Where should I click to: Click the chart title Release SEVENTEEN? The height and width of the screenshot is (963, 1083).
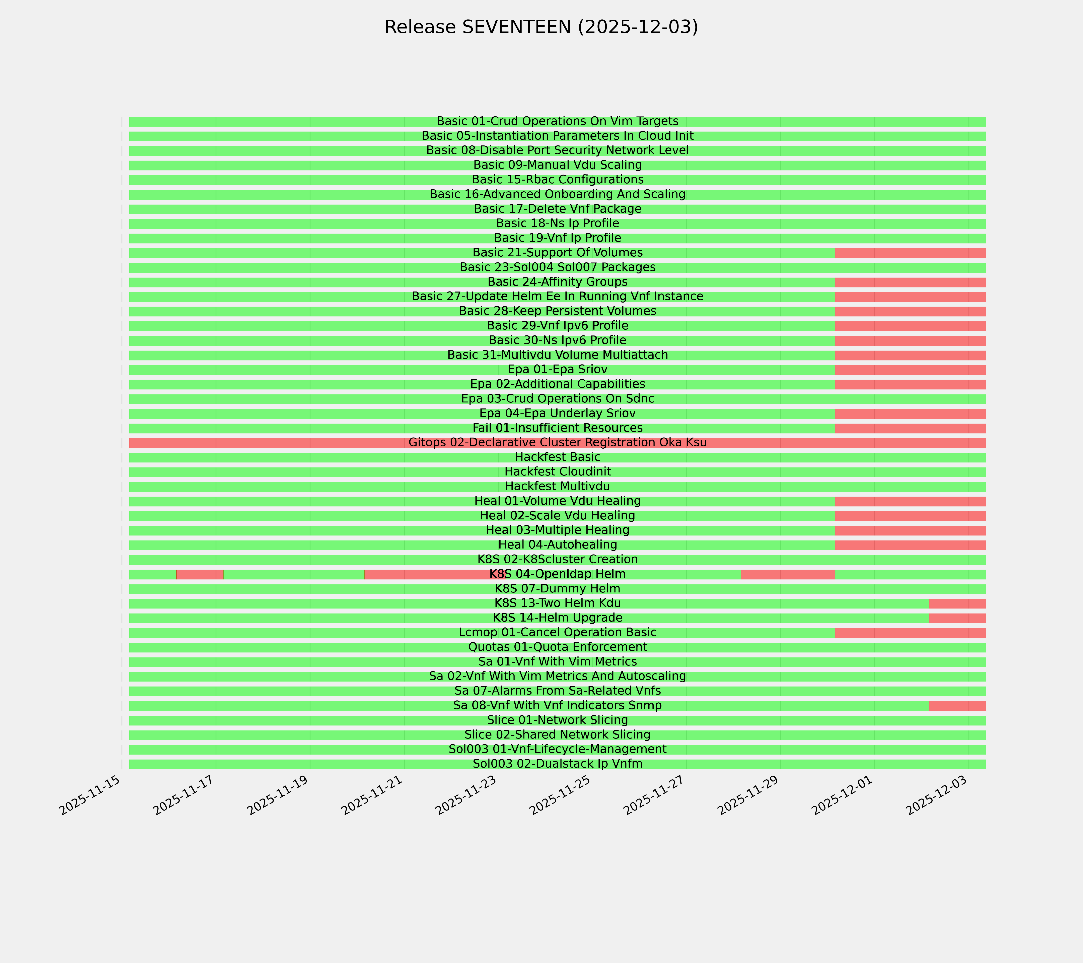tap(541, 27)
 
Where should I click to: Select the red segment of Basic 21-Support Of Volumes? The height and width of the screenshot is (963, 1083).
tap(910, 253)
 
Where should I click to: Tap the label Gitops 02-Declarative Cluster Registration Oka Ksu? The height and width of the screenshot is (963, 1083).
tap(557, 443)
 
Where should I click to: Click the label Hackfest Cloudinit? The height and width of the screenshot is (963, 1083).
tap(557, 472)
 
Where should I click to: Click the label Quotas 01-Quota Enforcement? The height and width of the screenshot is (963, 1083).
tap(557, 647)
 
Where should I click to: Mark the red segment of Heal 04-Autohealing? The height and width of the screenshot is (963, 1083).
tap(910, 545)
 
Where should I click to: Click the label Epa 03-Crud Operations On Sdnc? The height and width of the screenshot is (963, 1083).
tap(557, 399)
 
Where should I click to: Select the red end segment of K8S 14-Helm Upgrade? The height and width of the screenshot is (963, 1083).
tap(957, 618)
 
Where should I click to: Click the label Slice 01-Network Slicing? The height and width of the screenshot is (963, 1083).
tap(557, 720)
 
